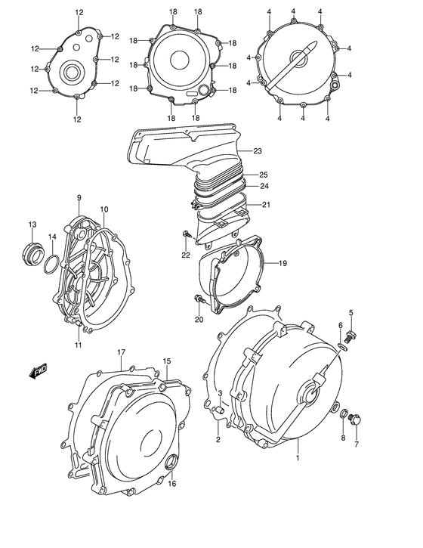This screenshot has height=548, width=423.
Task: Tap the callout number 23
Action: pos(258,150)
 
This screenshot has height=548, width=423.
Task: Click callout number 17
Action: pos(120,352)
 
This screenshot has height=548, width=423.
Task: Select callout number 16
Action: pos(172,484)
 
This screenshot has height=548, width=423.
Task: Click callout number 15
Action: pos(167,361)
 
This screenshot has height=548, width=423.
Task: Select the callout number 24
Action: pos(264,186)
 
